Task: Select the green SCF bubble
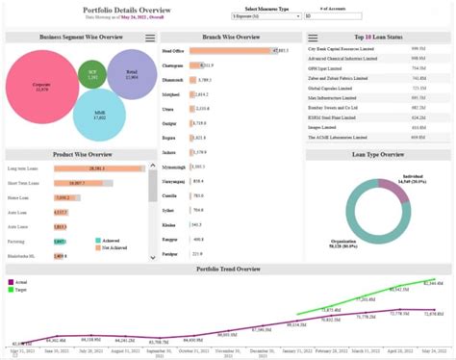tap(91, 74)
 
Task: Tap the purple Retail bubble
tap(132, 77)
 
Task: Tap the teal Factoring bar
tap(59, 241)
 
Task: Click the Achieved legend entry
tap(113, 240)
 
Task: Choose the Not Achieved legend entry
tap(115, 248)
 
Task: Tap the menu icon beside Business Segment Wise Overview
tap(150, 38)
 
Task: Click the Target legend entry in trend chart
tap(19, 288)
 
